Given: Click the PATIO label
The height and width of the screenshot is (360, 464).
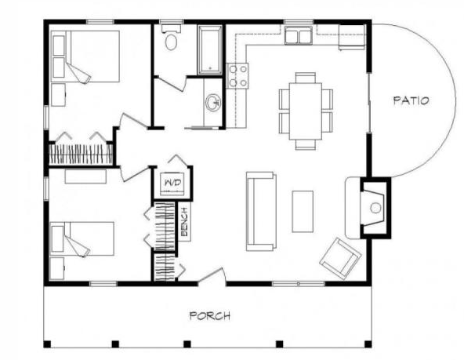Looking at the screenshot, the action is pos(411,100).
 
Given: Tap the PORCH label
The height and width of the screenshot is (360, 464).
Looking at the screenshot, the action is pos(210,316).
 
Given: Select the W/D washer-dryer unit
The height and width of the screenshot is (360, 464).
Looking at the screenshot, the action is pos(172,184).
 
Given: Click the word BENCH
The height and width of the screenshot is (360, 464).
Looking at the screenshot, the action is pos(184,222).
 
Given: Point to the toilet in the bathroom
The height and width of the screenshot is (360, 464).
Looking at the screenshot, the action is pos(171,38).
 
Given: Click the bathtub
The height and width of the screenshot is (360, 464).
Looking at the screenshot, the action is pos(210,49).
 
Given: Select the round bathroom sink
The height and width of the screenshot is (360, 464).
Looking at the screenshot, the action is pos(213,103).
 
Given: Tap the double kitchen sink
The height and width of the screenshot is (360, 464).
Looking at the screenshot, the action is pos(299,35).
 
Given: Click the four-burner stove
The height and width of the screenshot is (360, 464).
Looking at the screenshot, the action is pos(237,76).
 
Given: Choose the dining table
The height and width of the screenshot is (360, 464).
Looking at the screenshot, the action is pos(306,111).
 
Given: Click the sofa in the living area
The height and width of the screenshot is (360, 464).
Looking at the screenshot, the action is pos(261,212).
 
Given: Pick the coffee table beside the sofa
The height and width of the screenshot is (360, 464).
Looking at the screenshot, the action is pos(303,212).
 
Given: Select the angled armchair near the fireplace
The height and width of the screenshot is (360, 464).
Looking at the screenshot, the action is pos(340,259).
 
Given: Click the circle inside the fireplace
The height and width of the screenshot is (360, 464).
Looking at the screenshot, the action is pos(375,208).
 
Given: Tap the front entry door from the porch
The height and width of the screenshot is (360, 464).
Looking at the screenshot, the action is pos(212,276).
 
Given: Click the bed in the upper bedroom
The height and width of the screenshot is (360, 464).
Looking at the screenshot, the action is pos(85,56).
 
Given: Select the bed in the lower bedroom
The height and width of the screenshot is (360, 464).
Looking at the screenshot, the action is pos(82,238).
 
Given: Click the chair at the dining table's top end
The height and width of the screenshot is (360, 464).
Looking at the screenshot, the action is pos(306,78).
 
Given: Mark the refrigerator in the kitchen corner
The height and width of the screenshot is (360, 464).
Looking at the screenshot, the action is pos(352,37).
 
